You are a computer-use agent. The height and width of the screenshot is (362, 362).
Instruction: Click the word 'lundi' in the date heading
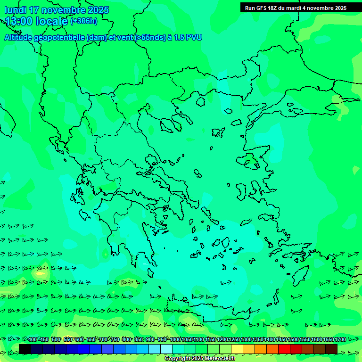click(15, 10)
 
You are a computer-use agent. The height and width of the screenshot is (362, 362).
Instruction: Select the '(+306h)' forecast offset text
click(83, 21)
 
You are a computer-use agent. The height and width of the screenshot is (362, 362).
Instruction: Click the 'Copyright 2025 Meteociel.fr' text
click(200, 359)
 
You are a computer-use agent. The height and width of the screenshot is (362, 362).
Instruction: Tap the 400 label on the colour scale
click(32, 340)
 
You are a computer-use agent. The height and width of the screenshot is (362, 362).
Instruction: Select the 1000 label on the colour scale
click(175, 340)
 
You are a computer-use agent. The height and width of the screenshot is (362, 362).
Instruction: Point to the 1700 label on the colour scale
click(340, 340)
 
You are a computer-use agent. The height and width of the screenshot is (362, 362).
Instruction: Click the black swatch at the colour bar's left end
click(25, 349)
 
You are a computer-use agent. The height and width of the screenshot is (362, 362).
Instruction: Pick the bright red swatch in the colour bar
click(284, 349)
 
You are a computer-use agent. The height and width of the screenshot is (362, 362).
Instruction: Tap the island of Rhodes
click(300, 276)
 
